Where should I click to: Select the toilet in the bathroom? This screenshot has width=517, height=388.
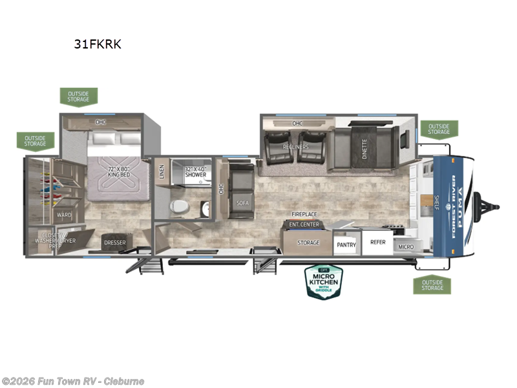tap(178, 206)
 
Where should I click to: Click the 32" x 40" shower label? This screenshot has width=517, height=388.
tap(195, 171)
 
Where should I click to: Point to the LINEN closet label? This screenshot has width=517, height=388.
tap(162, 171)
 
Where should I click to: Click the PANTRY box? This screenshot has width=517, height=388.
tap(346, 244)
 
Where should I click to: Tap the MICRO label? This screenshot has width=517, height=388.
tap(406, 247)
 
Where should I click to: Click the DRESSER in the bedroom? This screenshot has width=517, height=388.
tap(114, 243)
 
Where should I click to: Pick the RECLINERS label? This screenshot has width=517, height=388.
tap(295, 147)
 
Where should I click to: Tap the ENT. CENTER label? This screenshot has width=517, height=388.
tap(304, 224)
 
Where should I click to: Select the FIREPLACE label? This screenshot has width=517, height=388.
tap(304, 214)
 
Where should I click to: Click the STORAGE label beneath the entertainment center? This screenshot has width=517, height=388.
tap(308, 242)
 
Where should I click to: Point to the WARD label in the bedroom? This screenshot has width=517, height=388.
tap(63, 214)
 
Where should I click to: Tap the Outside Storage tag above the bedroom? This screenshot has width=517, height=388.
tap(79, 97)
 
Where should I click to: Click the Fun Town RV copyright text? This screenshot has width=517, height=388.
tap(73, 381)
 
